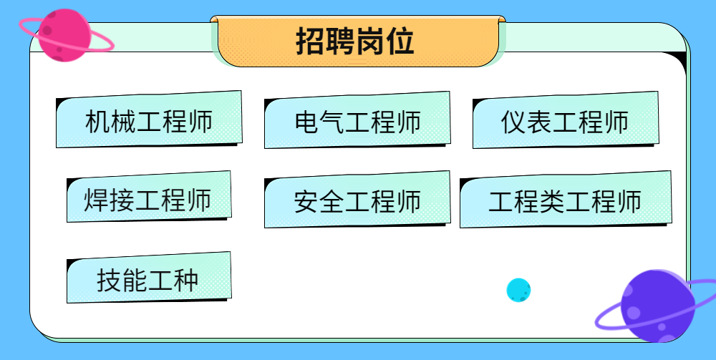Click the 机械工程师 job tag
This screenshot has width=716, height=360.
(149, 120)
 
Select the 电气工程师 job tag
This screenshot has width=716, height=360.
(357, 120)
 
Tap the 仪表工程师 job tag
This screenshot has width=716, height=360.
(566, 120)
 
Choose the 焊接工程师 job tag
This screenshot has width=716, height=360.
(149, 197)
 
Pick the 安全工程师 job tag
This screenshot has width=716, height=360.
(357, 200)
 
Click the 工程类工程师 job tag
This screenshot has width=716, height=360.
(566, 200)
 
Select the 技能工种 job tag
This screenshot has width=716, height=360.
(149, 278)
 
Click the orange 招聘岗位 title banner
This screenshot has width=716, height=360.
(358, 42)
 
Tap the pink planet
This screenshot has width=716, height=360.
(64, 35)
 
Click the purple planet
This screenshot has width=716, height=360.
(657, 306)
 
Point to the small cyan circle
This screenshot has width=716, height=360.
(518, 290)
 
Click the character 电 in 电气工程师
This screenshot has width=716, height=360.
(306, 122)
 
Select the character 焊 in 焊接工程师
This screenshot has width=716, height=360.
(96, 200)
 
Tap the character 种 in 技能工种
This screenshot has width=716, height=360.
(186, 280)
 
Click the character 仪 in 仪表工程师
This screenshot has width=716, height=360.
(514, 122)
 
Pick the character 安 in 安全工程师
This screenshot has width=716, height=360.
(306, 201)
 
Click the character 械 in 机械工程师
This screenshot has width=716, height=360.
(123, 122)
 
